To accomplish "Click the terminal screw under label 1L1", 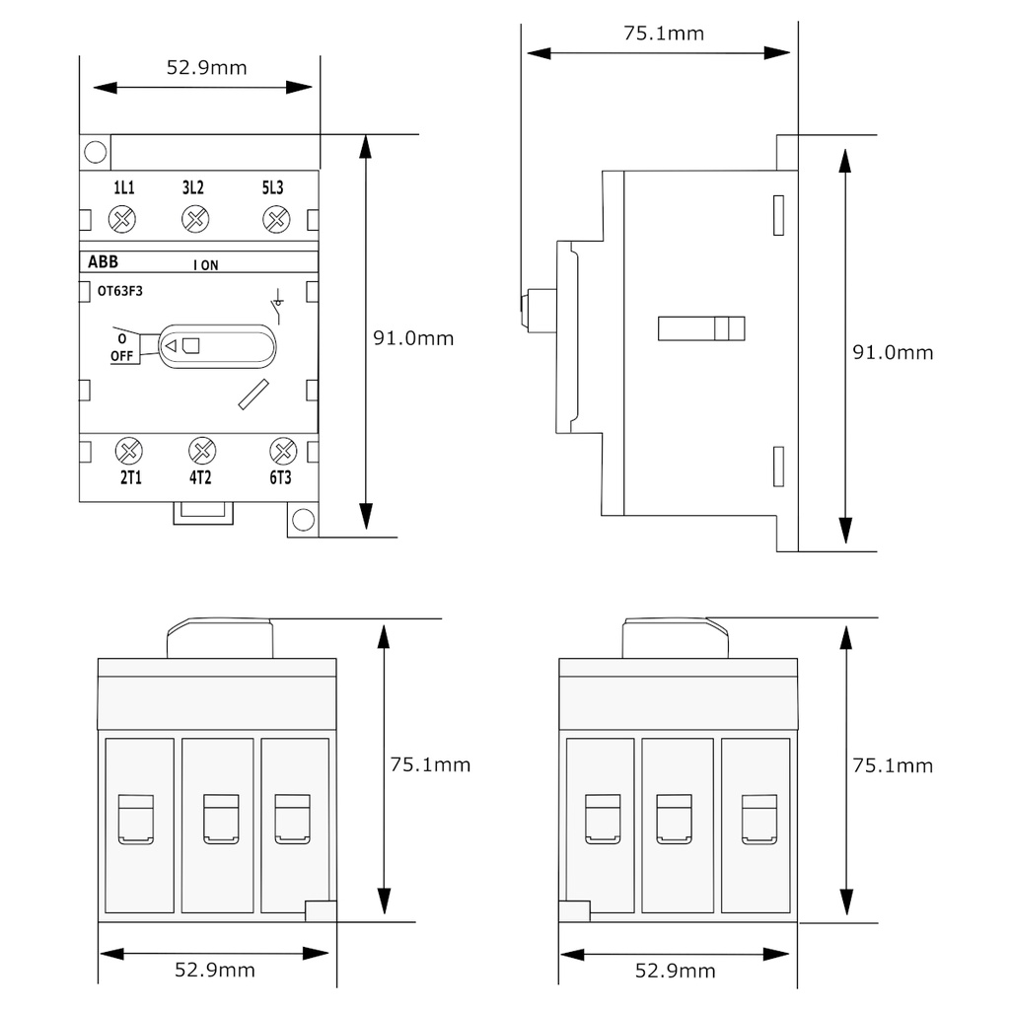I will click(123, 219).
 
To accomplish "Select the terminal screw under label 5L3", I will click(276, 219).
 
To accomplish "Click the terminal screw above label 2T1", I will click(128, 452).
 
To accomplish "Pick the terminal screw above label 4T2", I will click(202, 452).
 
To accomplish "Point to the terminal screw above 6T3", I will click(283, 452).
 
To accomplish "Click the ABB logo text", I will click(102, 261).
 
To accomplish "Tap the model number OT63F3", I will click(119, 291).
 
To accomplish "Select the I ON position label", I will click(206, 264).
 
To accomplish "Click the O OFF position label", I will click(121, 347).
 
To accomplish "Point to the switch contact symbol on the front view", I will click(277, 307).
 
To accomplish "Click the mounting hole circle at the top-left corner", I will click(96, 152).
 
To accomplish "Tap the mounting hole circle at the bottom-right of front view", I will click(304, 520).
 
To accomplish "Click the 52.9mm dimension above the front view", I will click(206, 68).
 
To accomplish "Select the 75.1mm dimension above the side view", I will click(664, 34).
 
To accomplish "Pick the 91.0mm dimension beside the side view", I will click(893, 352).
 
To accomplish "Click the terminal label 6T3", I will click(281, 478).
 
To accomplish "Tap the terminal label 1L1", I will click(123, 188).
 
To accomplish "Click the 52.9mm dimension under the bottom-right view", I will click(675, 971).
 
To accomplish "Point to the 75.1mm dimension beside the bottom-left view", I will click(430, 764).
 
